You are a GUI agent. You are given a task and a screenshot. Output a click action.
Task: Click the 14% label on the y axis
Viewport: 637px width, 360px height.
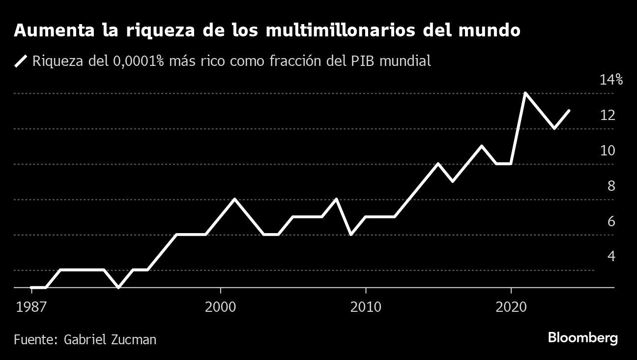point(611,80)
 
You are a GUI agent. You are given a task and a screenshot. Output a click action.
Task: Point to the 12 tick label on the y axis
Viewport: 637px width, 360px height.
point(608,115)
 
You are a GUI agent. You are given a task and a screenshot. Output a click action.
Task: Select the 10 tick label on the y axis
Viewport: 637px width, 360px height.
point(608,150)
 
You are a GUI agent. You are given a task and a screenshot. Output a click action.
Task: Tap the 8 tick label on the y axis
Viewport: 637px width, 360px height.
point(611,186)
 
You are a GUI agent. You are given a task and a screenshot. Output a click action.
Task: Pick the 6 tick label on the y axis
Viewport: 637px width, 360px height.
point(611,221)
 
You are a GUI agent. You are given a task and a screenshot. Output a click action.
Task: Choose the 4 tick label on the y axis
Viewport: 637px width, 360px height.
point(611,256)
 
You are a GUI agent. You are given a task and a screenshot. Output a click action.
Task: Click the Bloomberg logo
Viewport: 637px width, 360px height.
point(582,338)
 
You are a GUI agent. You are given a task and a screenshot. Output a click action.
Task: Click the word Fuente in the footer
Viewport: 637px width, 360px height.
point(36,339)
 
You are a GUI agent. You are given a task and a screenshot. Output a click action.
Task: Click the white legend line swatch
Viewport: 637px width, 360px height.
point(21,61)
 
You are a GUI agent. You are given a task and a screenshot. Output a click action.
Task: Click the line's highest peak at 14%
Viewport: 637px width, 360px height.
point(525,93)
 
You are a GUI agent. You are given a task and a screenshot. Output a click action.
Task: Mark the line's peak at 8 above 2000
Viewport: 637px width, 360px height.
point(235,199)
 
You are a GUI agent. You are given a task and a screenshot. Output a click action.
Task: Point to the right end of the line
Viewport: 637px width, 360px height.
point(569,111)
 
